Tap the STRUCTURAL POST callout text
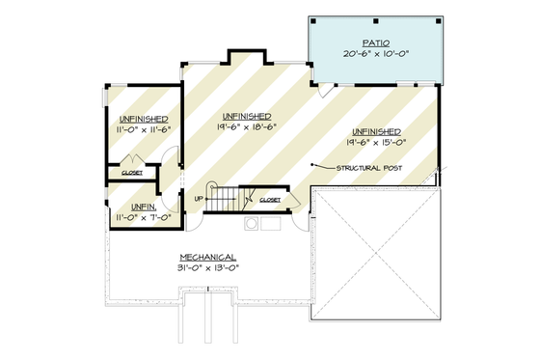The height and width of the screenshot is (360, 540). pos(369,168)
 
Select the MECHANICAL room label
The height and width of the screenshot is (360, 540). pos(207,256)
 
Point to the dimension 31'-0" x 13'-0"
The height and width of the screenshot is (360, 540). pos(207,267)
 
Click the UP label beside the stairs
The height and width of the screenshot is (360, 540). pos(200,198)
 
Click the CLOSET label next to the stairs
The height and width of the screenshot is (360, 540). pos(269,200)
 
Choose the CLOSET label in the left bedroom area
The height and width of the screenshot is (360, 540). pos(132,173)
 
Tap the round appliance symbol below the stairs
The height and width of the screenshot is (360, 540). pos(252,224)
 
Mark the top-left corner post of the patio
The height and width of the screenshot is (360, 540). pos(313,19)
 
